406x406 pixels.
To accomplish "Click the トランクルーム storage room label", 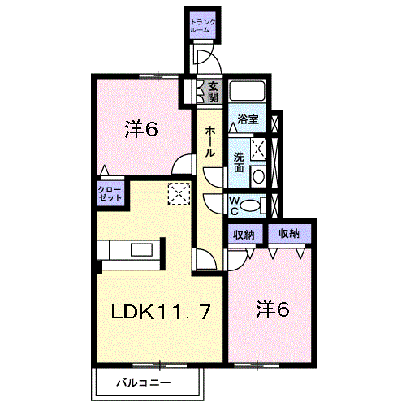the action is click(203, 26).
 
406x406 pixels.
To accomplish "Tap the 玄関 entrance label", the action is click(214, 92).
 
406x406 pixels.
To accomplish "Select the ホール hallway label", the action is click(209, 142).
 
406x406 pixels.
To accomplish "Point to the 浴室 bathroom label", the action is click(248, 119).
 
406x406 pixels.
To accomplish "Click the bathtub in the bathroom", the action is click(247, 91).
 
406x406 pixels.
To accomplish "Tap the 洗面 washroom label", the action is click(239, 162).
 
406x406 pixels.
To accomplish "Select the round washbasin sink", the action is click(259, 176).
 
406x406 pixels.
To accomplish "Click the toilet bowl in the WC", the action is click(250, 205).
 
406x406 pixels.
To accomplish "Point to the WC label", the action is click(234, 206).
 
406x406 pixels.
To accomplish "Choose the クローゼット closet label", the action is click(110, 193).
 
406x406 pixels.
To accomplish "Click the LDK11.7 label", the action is click(160, 312).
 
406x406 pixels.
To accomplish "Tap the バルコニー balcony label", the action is click(144, 382).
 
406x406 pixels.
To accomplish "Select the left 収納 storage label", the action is click(244, 234).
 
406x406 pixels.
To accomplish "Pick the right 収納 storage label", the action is click(289, 234).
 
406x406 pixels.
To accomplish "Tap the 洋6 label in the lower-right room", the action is click(273, 309).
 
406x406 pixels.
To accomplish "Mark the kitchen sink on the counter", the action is click(141, 249).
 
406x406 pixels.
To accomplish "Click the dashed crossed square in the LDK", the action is click(179, 193).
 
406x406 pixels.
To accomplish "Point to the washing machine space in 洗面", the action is click(257, 149).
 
